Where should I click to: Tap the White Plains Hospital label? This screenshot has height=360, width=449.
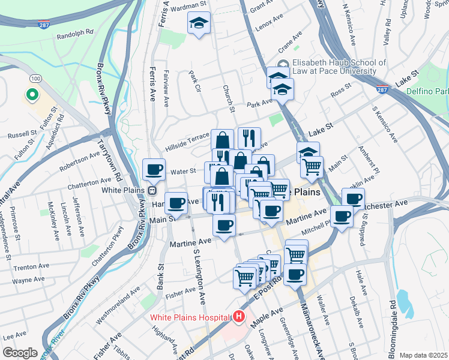(189, 317)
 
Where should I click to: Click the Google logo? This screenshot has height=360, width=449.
(20, 353)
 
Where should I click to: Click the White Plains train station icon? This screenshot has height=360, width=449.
(153, 190)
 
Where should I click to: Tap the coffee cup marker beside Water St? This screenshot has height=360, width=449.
(154, 169)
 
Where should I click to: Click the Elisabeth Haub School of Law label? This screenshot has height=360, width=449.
(339, 67)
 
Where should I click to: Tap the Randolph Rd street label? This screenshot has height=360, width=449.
(74, 37)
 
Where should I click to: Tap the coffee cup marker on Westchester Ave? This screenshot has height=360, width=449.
(353, 199)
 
